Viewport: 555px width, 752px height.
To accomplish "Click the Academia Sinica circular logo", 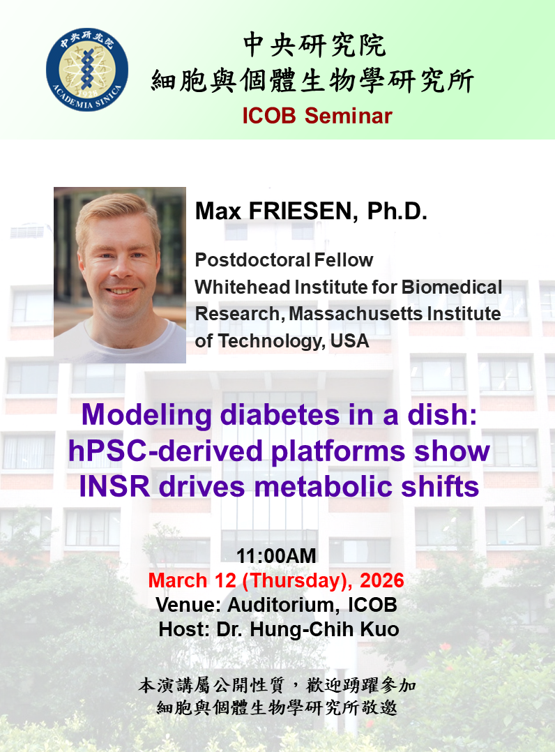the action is click(x=86, y=70).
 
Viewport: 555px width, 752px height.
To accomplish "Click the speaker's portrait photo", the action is click(x=120, y=275).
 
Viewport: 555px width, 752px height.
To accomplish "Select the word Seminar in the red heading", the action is click(x=349, y=116).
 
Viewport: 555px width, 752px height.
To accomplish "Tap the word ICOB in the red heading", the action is click(x=269, y=116).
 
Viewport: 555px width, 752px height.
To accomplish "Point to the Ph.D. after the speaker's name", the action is click(x=397, y=211).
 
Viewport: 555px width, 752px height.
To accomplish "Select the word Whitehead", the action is click(x=243, y=287).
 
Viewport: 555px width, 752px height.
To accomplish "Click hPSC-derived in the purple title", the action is click(x=165, y=451).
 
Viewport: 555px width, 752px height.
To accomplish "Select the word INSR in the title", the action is click(x=115, y=487).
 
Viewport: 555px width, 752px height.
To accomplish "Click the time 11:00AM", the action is click(x=277, y=557).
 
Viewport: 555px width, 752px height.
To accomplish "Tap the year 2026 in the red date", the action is click(x=382, y=581).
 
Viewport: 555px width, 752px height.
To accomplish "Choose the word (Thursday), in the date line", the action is click(x=298, y=581).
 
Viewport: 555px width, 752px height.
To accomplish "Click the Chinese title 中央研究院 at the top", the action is click(x=314, y=45).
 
